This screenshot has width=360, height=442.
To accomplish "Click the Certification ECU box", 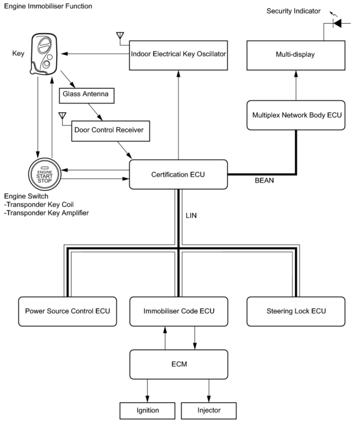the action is tap(178, 175).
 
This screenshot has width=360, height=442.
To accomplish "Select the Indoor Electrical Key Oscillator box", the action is tap(178, 55).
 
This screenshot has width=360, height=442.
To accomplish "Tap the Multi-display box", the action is tap(296, 55).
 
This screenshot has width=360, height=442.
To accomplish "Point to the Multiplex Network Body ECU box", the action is tap(296, 115).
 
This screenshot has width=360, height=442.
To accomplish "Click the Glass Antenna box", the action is tap(87, 96).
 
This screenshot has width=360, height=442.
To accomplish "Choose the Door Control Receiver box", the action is tap(111, 131).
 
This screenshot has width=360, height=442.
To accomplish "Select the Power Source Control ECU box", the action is tap(67, 311).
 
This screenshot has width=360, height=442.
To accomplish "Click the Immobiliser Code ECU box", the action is tap(179, 311).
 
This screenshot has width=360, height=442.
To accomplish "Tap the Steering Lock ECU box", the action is tap(296, 311).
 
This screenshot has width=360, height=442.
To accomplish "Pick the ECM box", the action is tap(179, 364).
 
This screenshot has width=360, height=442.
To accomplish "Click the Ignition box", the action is tap(147, 411).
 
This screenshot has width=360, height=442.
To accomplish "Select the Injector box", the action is tap(209, 411).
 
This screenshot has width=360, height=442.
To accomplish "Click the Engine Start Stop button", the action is tap(45, 174).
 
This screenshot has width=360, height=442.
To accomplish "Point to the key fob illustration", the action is tap(44, 54).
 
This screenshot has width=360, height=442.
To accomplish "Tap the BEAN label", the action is tap(264, 181).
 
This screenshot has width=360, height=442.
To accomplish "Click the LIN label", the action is tap(191, 216).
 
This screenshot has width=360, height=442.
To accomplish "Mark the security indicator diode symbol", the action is tap(337, 23).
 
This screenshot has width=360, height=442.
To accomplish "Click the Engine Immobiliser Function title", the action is tap(48, 6).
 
